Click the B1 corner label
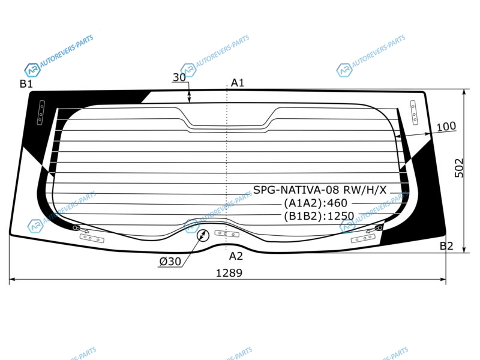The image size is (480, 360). (26, 83)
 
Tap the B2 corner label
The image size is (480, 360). (446, 246)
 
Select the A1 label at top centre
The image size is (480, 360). (237, 83)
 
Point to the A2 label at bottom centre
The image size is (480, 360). (236, 256)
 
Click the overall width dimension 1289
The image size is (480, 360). (229, 273)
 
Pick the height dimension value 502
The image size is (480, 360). (459, 168)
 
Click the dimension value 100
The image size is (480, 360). (446, 126)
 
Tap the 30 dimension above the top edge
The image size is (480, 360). (179, 77)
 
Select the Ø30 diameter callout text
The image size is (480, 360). (170, 262)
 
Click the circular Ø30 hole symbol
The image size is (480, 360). (203, 236)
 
